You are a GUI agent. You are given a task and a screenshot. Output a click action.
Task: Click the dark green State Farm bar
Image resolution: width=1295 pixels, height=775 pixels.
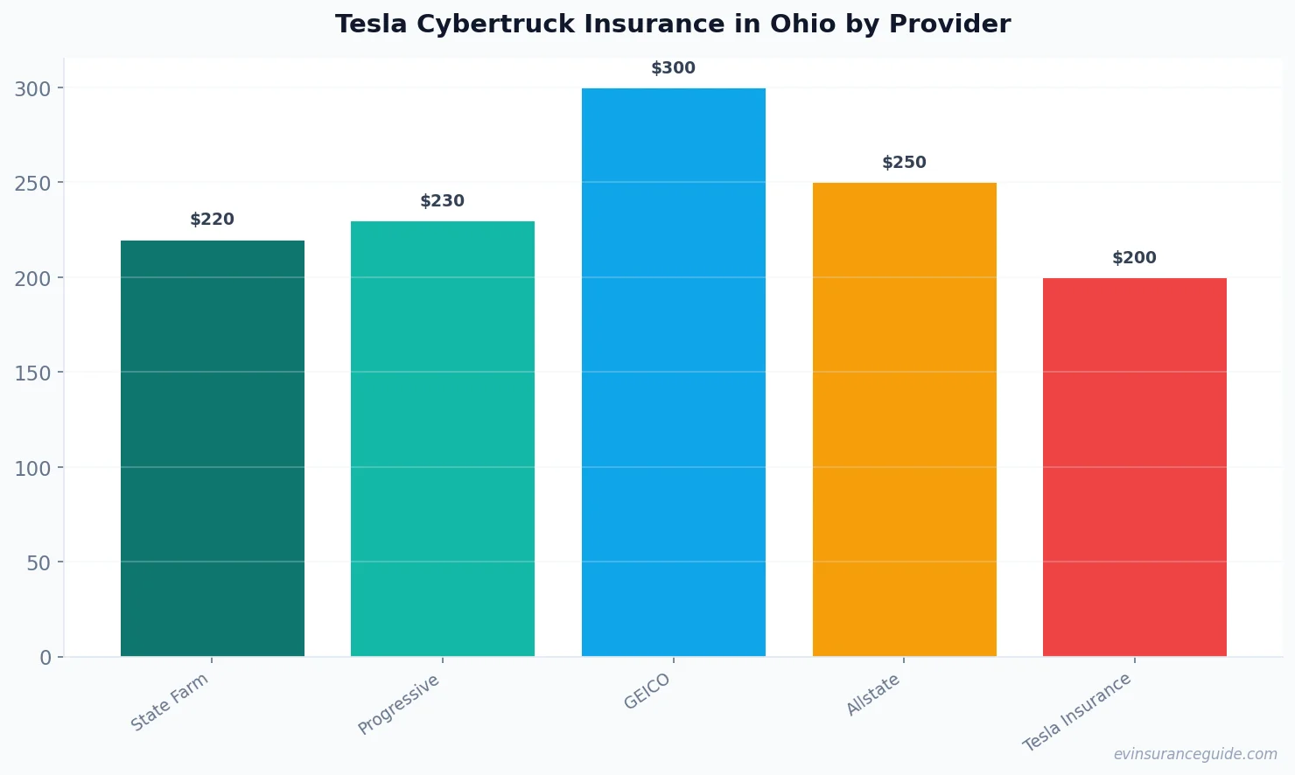coord(213,448)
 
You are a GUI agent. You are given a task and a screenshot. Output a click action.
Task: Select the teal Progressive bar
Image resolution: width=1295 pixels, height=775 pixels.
coord(443,438)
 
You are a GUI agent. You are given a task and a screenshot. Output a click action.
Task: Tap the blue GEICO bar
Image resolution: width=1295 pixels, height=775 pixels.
coord(674,372)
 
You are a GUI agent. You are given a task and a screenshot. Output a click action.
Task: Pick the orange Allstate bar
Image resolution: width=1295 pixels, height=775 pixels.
coord(904,419)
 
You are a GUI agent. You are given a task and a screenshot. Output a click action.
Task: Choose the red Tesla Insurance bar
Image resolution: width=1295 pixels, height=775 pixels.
coord(1135,467)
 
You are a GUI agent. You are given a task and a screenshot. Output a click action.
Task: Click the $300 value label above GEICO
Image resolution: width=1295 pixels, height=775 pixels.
coord(673,68)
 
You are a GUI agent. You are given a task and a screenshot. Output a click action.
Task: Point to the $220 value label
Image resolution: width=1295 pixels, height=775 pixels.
coord(212,220)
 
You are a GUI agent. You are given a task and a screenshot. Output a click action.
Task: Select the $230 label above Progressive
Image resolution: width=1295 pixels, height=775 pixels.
coord(442,201)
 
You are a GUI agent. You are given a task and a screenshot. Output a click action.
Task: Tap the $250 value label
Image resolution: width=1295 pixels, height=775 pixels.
coord(904,163)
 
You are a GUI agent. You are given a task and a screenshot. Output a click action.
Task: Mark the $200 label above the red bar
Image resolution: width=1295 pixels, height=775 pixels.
coord(1134,258)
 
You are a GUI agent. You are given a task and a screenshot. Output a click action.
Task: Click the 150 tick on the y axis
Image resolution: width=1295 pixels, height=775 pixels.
coord(32,374)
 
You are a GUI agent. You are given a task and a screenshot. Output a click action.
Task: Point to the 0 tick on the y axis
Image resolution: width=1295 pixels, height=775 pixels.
coord(45,658)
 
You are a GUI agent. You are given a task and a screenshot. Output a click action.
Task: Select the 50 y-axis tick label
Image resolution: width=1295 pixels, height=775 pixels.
coord(38,563)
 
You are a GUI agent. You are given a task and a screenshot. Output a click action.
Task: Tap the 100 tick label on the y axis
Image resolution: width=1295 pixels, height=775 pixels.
coord(32,468)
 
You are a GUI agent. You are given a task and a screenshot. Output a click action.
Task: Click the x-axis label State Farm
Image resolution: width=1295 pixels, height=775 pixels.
coord(170,702)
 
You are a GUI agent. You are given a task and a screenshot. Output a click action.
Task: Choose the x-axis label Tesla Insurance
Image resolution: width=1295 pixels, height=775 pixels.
coord(1077,711)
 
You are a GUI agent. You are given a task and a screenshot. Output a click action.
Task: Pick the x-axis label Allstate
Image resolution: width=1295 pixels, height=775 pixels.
coord(873,695)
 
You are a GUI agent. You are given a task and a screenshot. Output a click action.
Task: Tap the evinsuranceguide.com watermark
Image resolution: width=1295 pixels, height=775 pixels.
coord(1194,754)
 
